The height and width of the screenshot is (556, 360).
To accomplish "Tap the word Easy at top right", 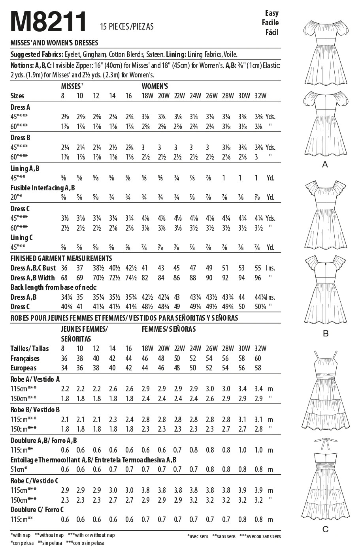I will (271, 13).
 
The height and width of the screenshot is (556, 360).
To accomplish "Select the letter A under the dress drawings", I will (325, 165).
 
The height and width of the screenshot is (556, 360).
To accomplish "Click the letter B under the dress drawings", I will (326, 334).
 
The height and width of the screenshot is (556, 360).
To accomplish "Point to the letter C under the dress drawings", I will (326, 529).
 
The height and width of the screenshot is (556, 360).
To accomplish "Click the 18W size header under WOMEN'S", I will (147, 96).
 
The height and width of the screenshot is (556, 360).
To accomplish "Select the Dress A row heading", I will (21, 107).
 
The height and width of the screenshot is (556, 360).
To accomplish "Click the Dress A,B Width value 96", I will (258, 278).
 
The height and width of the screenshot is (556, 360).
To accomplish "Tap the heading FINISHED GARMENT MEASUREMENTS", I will (61, 259).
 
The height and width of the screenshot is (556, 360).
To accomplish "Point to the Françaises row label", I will (25, 359).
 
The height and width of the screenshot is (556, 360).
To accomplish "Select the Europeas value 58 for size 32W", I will (258, 368).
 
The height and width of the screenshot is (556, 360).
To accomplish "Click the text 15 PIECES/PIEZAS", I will (127, 27).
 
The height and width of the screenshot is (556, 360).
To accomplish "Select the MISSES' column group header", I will (72, 86).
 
